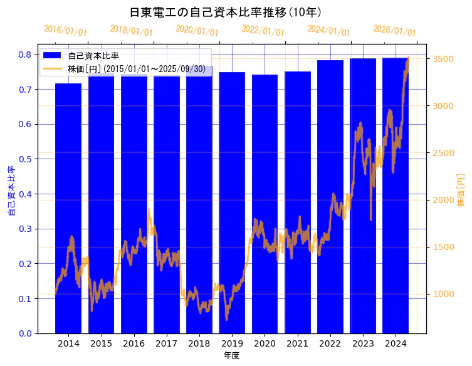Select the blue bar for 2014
click(68, 207)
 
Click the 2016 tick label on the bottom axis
click(134, 344)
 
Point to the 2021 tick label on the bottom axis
click(298, 344)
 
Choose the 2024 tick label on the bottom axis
click(396, 344)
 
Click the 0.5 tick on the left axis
click(25, 159)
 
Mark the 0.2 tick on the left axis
click(25, 264)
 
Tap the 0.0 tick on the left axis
click(25, 333)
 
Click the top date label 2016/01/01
click(66, 31)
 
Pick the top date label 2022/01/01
click(263, 31)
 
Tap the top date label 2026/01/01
click(395, 31)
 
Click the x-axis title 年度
click(232, 355)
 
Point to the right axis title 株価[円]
click(461, 191)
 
